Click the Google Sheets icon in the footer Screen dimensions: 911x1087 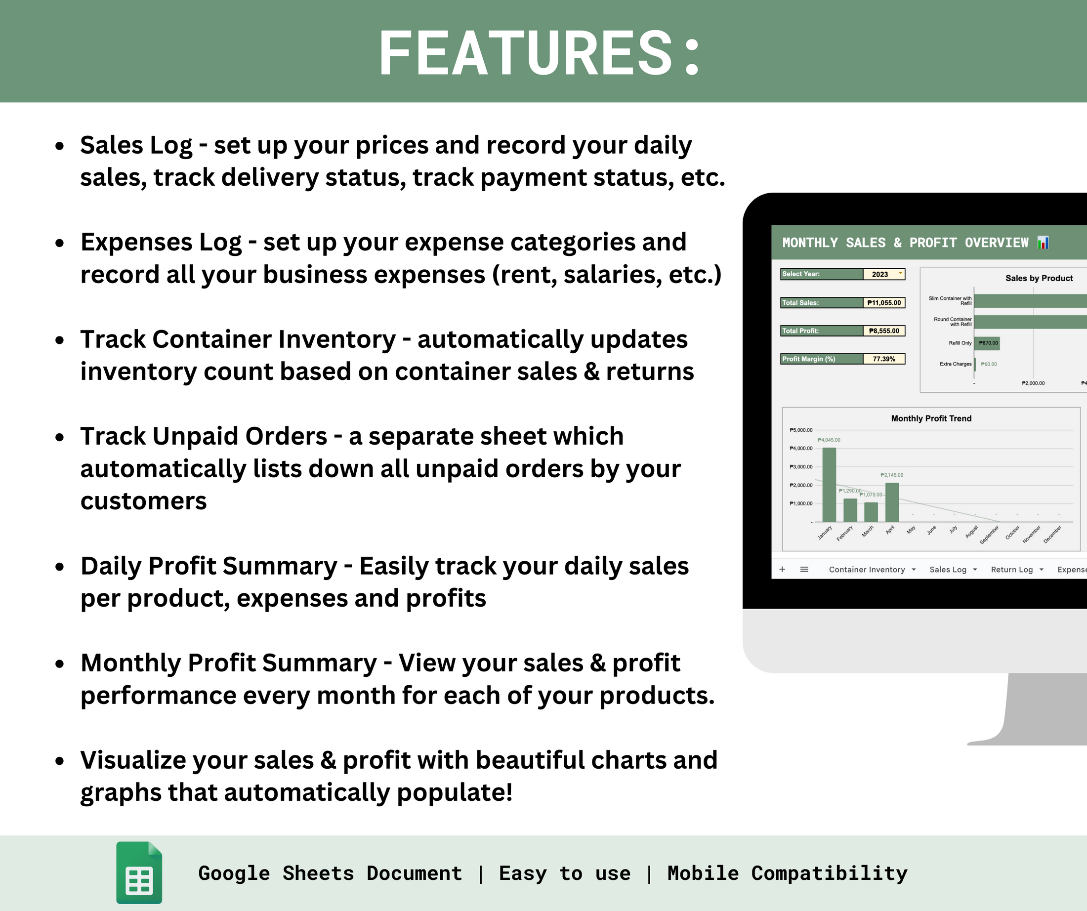pos(139,872)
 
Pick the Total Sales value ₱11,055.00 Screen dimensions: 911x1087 pos(884,303)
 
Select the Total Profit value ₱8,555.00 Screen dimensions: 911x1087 pos(884,331)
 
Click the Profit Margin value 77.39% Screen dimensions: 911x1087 pos(884,359)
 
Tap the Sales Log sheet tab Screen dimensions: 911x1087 pos(948,569)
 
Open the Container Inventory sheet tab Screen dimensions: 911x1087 pos(867,569)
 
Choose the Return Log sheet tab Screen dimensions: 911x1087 pos(1011,569)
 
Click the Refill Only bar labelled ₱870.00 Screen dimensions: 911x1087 pos(987,343)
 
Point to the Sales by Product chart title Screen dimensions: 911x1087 pos(1039,279)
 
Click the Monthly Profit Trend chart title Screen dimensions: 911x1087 pos(931,418)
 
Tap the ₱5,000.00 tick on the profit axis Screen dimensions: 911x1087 pos(801,430)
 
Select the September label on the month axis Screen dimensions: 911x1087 pos(989,535)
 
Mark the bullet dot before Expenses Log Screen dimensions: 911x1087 pos(60,243)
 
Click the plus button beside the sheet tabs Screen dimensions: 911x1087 pos(782,569)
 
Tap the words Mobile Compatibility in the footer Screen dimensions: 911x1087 pos(787,873)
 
